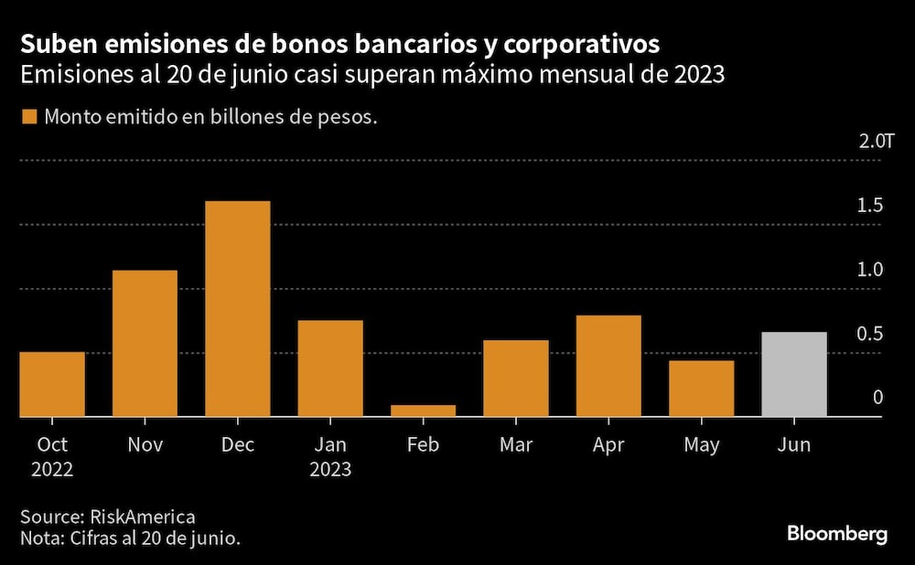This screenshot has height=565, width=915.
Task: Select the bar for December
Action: pyautogui.click(x=237, y=309)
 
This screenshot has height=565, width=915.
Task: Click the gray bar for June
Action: pyautogui.click(x=794, y=375)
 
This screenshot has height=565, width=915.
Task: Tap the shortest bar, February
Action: pyautogui.click(x=423, y=410)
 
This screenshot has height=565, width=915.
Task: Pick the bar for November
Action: pyautogui.click(x=145, y=344)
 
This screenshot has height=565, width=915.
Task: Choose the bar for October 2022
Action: pyautogui.click(x=52, y=385)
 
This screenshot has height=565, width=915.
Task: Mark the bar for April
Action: pyautogui.click(x=608, y=366)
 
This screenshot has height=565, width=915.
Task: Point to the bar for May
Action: pyautogui.click(x=701, y=389)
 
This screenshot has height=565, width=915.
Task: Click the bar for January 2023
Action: pyautogui.click(x=330, y=368)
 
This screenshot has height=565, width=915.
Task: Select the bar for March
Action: pyautogui.click(x=516, y=378)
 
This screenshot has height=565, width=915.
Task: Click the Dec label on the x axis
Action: pyautogui.click(x=238, y=445)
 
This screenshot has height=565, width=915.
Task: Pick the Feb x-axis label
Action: pyautogui.click(x=423, y=445)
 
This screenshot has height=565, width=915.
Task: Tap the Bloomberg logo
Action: pyautogui.click(x=837, y=535)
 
